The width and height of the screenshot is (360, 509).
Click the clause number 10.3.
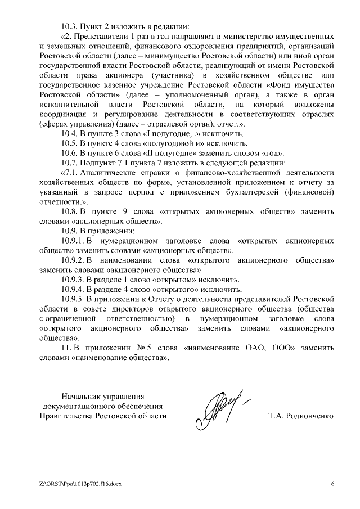tap(70, 26)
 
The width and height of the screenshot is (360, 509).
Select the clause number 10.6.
tap(70, 152)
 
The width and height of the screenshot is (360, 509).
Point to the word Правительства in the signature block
tap(64, 416)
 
